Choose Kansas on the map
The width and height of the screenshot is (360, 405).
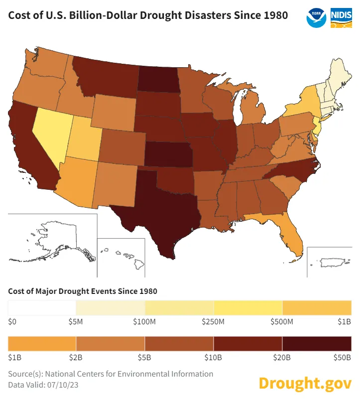tap(168, 154)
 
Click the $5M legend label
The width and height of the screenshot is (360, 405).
tap(76, 322)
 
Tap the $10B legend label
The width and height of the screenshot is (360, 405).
tap(214, 357)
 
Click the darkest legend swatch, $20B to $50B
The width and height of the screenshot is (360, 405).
tap(317, 344)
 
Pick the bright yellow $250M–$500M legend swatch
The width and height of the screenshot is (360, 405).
tap(247, 308)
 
